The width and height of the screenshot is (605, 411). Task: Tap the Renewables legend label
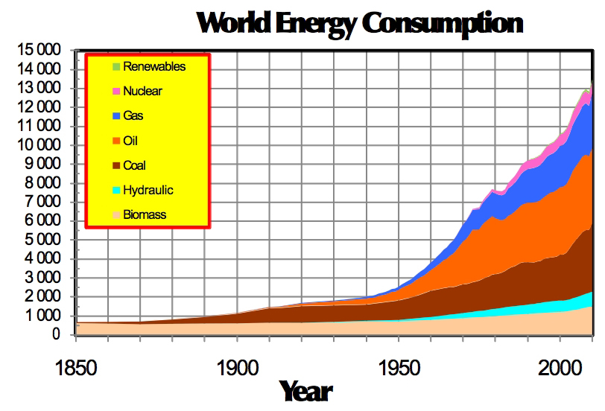click(154, 66)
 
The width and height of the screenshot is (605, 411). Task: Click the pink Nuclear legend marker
click(115, 92)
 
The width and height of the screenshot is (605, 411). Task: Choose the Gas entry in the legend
click(133, 116)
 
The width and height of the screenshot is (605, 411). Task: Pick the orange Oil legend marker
click(115, 141)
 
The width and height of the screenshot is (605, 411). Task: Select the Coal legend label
click(134, 165)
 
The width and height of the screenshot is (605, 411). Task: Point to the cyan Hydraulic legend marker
click(115, 191)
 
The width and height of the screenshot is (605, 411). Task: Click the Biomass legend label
click(145, 215)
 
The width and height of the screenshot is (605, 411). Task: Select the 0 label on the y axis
click(56, 335)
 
